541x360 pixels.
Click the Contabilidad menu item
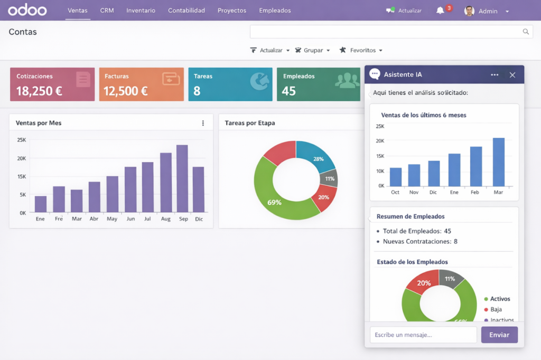pyautogui.click(x=186, y=11)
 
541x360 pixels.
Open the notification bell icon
pyautogui.click(x=440, y=11)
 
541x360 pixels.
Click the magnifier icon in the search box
pyautogui.click(x=526, y=32)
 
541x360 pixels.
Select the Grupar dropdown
pyautogui.click(x=313, y=50)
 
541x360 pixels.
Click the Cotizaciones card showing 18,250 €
pyautogui.click(x=52, y=84)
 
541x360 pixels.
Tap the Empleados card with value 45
pyautogui.click(x=318, y=84)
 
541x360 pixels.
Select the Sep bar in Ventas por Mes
pyautogui.click(x=182, y=178)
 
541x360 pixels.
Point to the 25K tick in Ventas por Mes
pyautogui.click(x=22, y=140)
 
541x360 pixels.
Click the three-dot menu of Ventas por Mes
pyautogui.click(x=203, y=123)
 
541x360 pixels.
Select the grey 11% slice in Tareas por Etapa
pyautogui.click(x=329, y=178)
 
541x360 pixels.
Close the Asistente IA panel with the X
pyautogui.click(x=512, y=75)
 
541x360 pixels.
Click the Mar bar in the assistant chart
pyautogui.click(x=499, y=162)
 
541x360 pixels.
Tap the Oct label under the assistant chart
pyautogui.click(x=395, y=192)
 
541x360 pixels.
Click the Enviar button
pyautogui.click(x=499, y=335)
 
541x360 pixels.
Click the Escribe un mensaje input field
pyautogui.click(x=423, y=335)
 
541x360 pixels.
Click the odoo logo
pyautogui.click(x=27, y=10)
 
